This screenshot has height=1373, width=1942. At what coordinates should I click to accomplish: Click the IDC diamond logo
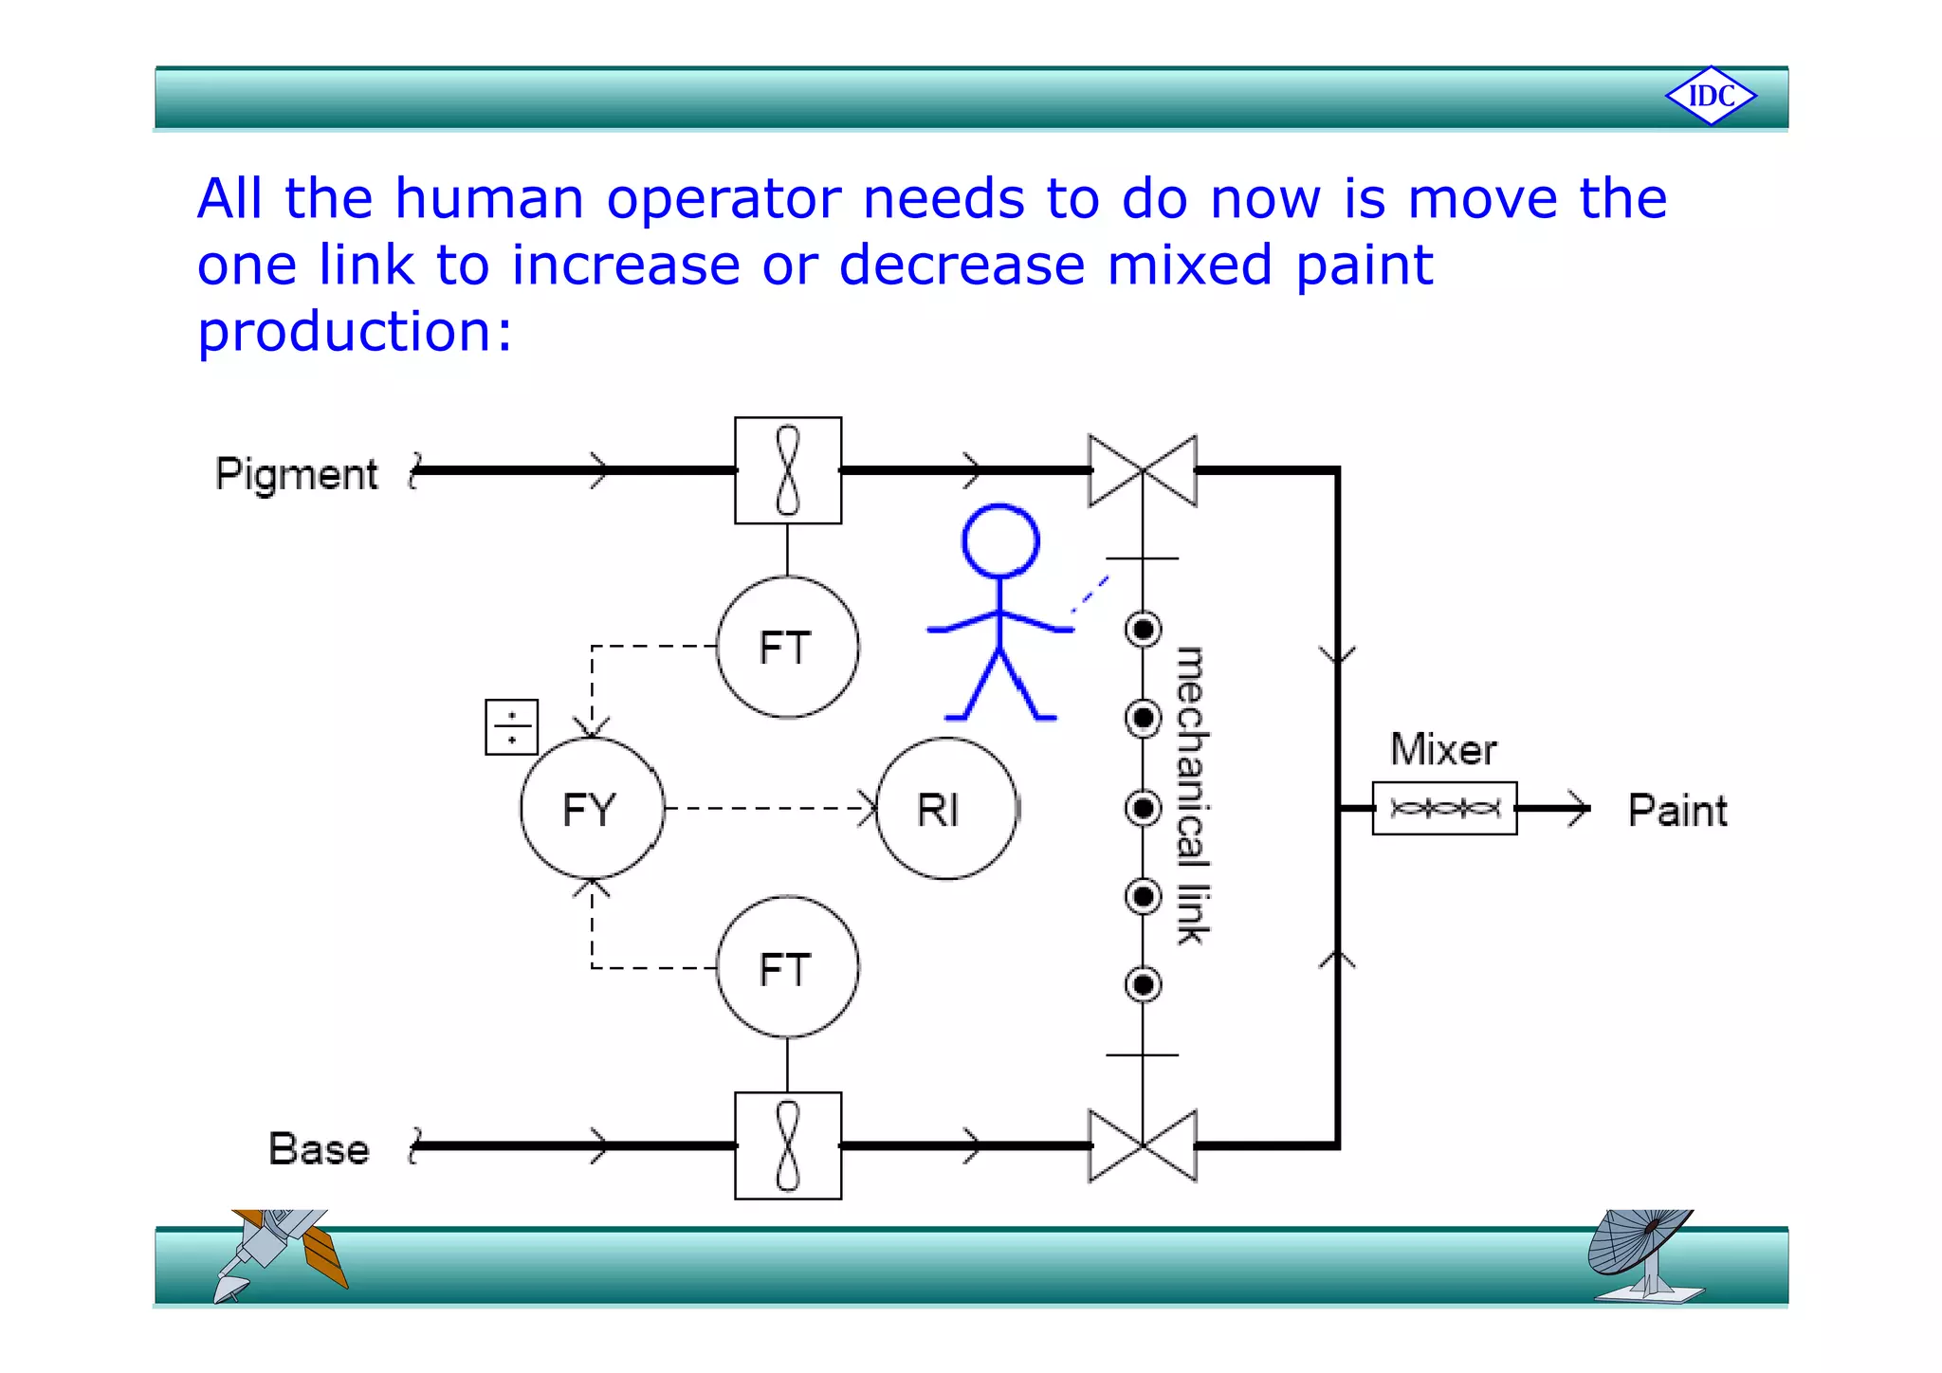1711,96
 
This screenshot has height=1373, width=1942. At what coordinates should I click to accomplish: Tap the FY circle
592,809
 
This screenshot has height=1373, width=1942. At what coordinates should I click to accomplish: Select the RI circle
945,809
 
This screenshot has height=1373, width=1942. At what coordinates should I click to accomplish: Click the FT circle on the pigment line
787,647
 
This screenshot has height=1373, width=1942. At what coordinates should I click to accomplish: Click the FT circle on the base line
787,968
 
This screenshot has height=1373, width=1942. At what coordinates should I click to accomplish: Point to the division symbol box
511,727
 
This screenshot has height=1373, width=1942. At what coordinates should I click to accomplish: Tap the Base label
319,1149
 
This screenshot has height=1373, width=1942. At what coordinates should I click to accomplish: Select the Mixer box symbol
1444,809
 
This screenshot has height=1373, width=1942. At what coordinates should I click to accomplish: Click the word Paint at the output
1676,811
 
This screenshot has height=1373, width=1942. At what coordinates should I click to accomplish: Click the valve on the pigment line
1143,470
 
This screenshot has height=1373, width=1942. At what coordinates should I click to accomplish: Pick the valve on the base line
1143,1145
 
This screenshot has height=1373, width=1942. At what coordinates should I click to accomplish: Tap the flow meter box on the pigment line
787,470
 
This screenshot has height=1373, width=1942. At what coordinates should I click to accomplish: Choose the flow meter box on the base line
787,1145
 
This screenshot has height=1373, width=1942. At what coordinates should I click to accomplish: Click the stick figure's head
1000,540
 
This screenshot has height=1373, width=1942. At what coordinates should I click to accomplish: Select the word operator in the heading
724,199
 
